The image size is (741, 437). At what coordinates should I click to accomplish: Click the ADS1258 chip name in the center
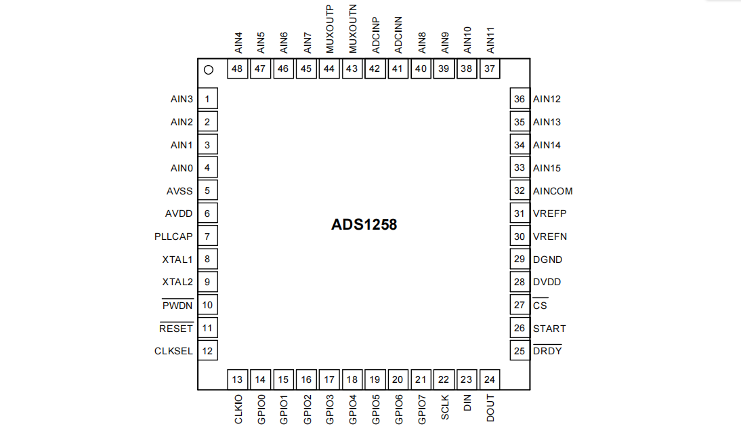[x=364, y=225]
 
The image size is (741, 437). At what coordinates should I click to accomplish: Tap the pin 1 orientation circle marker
[x=209, y=69]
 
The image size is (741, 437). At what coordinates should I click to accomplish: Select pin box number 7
[x=207, y=236]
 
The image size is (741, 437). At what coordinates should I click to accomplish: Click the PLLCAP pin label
[x=173, y=236]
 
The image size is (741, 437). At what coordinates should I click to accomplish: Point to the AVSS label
[x=179, y=191]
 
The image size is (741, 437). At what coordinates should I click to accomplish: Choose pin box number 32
[x=520, y=191]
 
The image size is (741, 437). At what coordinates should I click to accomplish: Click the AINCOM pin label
[x=553, y=191]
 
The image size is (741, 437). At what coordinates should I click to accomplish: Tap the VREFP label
[x=549, y=213]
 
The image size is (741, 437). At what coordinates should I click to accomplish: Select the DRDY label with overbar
[x=547, y=351]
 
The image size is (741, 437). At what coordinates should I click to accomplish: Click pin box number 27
[x=520, y=305]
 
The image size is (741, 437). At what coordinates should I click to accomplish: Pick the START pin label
[x=549, y=329]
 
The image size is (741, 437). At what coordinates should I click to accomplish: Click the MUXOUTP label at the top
[x=330, y=28]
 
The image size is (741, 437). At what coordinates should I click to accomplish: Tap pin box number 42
[x=375, y=68]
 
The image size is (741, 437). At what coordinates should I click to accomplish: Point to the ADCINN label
[x=398, y=35]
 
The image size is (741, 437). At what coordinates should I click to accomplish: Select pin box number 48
[x=237, y=68]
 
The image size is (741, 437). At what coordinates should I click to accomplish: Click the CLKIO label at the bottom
[x=238, y=409]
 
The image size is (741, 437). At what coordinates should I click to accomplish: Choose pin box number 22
[x=444, y=379]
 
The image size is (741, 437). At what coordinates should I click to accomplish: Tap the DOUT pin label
[x=490, y=409]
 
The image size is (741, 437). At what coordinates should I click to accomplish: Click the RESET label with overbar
[x=176, y=329]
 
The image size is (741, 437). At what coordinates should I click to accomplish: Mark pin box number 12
[x=207, y=351]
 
